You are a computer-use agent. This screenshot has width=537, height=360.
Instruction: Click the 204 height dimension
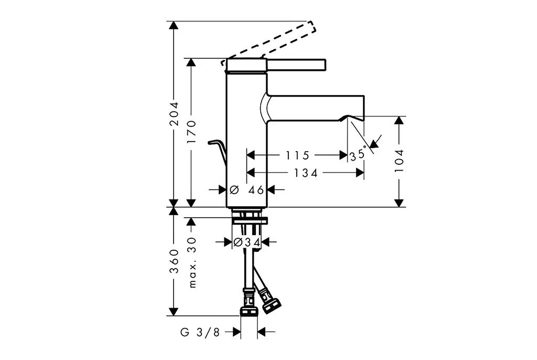coord(174,114)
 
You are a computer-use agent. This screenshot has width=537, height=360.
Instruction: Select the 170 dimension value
coord(192,132)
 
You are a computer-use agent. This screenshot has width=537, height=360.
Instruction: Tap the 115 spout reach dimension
coord(297,155)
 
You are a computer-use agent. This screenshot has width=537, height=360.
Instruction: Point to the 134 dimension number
coord(306,173)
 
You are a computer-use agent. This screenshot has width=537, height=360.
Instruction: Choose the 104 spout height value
coord(399,161)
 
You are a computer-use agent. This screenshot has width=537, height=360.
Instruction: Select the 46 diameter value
coord(256,189)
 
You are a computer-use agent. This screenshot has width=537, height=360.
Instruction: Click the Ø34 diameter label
coord(246,242)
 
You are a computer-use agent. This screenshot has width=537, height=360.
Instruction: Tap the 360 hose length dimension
coord(174,261)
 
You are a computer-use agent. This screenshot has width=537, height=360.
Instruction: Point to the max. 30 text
coord(192,262)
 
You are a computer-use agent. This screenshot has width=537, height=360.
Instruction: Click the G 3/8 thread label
coord(200,332)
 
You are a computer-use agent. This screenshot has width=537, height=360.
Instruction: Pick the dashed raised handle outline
coord(271,43)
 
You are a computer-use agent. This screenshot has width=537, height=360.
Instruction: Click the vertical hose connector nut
coord(249,302)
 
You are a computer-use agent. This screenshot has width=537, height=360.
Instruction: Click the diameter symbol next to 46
coord(234,189)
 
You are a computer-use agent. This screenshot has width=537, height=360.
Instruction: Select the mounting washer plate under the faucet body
coord(250,220)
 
